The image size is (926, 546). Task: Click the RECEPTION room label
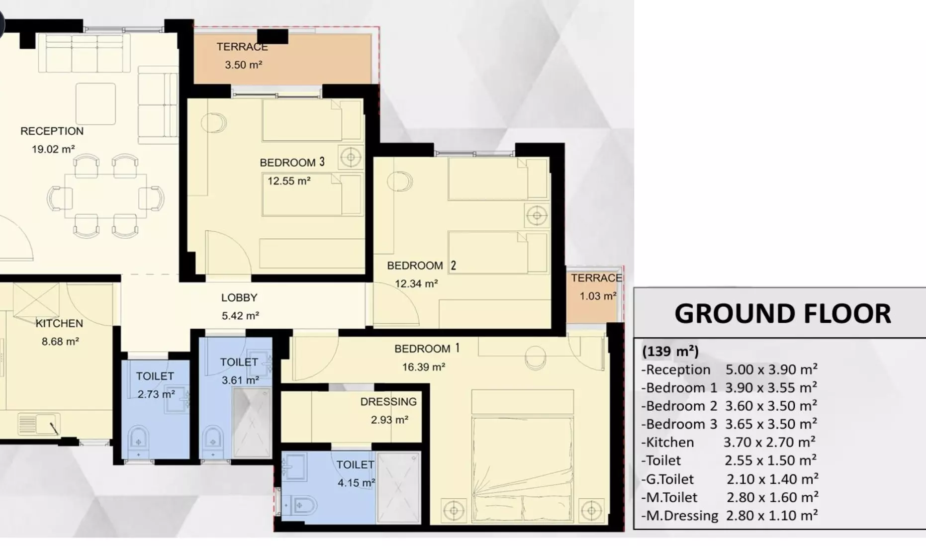[x=52, y=131]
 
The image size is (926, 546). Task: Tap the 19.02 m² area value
[x=53, y=149]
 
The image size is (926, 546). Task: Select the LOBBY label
[x=239, y=298]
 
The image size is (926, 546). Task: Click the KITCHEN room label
[x=59, y=324]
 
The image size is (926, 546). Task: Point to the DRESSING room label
[x=388, y=402]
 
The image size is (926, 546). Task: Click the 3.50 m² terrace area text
[x=243, y=65]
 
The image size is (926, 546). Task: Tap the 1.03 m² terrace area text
[x=598, y=296]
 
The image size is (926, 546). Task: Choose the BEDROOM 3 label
[x=292, y=163]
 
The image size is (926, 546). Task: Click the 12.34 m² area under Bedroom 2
[x=416, y=284]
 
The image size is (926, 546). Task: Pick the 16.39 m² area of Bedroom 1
[x=424, y=367]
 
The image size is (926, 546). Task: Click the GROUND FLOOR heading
[x=783, y=314]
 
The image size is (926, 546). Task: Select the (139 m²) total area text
[x=670, y=352]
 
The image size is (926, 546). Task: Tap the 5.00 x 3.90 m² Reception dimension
[x=771, y=369]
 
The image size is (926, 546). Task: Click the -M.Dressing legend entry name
[x=680, y=516]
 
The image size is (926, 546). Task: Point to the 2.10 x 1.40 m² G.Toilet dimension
[x=772, y=479]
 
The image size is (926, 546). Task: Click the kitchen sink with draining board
[x=39, y=424]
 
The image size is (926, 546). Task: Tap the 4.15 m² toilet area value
[x=356, y=483]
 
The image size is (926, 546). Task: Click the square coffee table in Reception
[x=95, y=103]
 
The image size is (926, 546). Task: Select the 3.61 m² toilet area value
[x=240, y=380]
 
